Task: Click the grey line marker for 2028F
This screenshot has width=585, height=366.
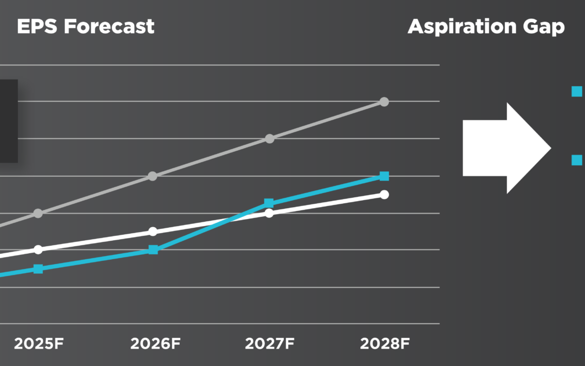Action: [384, 101]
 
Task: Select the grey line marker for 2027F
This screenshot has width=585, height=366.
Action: [269, 138]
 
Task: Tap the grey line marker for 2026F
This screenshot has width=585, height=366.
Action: [153, 176]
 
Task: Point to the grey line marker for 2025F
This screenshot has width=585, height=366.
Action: [38, 213]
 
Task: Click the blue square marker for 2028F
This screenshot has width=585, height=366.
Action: [384, 176]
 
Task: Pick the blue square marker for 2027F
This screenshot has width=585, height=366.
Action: [269, 203]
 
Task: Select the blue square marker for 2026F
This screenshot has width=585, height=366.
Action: [153, 250]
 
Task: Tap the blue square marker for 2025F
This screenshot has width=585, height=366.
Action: [38, 268]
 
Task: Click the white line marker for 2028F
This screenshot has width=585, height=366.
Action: [384, 194]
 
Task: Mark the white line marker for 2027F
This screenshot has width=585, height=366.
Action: [269, 213]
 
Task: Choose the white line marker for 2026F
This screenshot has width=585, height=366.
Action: [153, 232]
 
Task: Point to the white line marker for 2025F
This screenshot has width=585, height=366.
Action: [38, 249]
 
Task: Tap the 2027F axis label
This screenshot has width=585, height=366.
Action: [269, 344]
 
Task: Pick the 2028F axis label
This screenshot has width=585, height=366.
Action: [384, 344]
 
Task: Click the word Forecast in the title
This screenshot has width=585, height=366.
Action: [109, 26]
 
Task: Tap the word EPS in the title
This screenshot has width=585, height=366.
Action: [37, 26]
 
